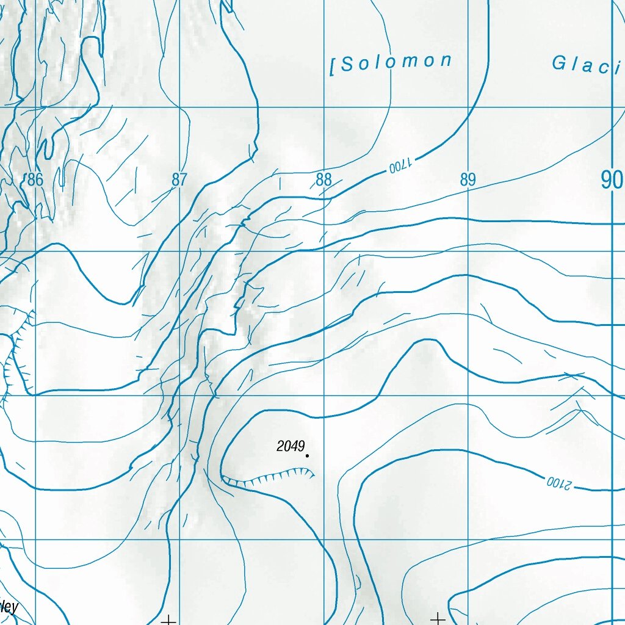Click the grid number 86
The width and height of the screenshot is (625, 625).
coord(35,179)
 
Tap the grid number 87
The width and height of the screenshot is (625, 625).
coord(179,179)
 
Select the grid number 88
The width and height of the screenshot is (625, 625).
coord(323,179)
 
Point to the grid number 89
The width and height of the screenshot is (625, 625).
coord(468,179)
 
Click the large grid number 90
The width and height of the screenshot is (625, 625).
coord(612,180)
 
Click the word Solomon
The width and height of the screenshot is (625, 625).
coord(396,62)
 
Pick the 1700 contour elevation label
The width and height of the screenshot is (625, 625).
coord(400,165)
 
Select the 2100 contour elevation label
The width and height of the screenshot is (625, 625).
coord(558,483)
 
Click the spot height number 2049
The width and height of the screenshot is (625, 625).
coord(290,446)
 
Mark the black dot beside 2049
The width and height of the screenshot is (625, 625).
coord(307,455)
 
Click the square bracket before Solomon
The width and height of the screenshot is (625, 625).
coord(333,67)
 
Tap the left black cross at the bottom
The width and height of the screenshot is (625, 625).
coord(168,620)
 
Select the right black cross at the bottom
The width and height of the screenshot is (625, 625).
coord(438,619)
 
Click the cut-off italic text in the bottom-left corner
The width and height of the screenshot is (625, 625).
coord(9,607)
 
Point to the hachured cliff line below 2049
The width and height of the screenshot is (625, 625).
coord(269,477)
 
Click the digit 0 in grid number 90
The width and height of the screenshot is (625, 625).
coord(618,180)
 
